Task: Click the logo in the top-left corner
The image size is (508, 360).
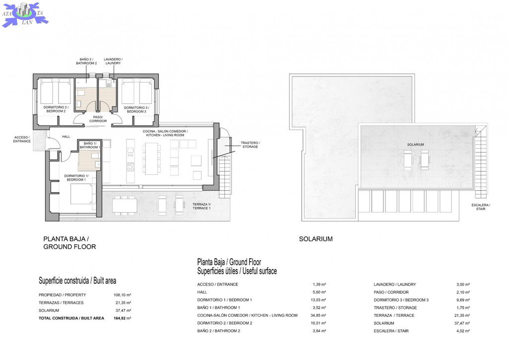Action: coord(25,14)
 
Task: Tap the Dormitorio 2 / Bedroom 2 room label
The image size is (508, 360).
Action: coord(56,109)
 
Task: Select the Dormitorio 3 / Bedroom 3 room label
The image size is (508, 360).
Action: coord(136,110)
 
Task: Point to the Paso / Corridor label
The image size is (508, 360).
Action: coord(98,119)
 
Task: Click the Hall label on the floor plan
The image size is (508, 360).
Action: coord(66,137)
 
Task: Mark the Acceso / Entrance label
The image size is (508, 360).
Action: coord(22,139)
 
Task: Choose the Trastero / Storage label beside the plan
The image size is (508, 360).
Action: coord(250,144)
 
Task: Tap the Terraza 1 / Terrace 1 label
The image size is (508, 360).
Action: coord(201,206)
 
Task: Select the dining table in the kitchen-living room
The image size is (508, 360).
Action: coord(151,158)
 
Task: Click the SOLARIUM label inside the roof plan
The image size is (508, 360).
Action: coord(415,144)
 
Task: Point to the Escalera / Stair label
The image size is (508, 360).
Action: coord(481,207)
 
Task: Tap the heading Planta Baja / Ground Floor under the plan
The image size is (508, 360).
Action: coord(69,243)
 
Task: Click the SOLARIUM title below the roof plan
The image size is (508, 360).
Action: coord(316,239)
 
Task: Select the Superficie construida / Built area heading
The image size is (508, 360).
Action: coord(77,281)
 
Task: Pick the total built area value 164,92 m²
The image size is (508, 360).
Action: coord(122,318)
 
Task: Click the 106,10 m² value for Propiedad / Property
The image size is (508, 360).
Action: coord(122,295)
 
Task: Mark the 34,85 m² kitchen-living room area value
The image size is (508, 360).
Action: coord(318,315)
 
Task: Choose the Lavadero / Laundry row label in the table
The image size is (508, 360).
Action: coord(394,285)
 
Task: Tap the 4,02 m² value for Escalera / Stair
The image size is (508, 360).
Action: coord(463,331)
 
